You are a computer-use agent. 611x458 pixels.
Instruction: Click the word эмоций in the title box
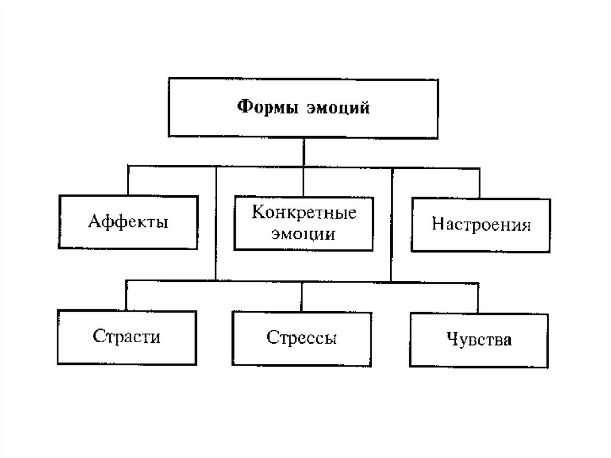[338, 108]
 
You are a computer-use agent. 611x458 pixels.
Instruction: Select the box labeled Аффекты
[128, 222]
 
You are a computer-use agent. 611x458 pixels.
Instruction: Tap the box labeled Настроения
[481, 225]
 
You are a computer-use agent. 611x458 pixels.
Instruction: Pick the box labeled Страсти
[126, 337]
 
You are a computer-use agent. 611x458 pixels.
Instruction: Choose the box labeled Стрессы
[302, 338]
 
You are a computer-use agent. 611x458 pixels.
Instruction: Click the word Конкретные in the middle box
[304, 213]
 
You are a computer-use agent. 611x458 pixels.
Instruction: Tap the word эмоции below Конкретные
[303, 234]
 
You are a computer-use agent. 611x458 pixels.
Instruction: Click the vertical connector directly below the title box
[304, 151]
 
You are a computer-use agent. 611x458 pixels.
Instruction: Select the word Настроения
[481, 226]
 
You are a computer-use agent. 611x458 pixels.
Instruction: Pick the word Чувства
[479, 340]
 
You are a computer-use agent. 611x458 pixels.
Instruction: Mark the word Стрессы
[302, 339]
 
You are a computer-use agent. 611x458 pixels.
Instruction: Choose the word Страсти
[126, 337]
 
